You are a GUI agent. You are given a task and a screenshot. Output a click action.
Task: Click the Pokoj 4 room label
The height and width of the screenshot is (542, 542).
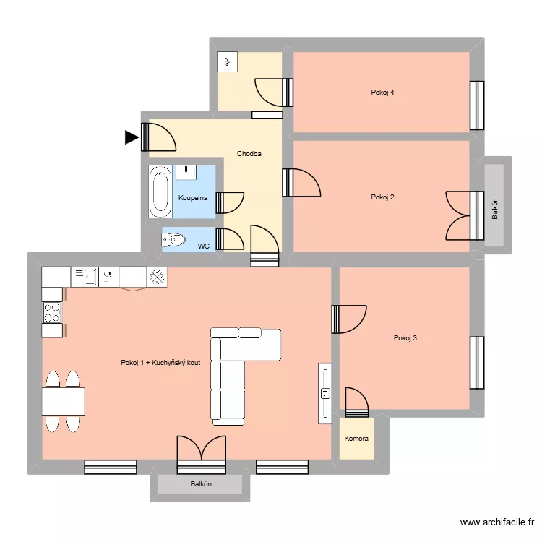pos(382,93)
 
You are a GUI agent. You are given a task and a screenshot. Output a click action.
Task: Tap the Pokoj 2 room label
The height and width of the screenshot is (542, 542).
pos(382,197)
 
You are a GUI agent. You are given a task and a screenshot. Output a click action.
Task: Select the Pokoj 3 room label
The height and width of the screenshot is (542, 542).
pos(405,337)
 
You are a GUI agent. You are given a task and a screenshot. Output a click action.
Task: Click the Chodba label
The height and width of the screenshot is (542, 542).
pos(249,154)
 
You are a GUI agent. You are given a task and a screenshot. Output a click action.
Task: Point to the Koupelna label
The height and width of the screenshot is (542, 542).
pos(193,198)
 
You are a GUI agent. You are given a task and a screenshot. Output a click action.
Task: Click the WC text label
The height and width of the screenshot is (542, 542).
pos(204,246)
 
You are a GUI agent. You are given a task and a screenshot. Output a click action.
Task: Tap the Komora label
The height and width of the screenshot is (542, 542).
pos(357,439)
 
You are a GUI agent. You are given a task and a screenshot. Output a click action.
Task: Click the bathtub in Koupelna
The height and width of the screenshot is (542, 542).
pos(160,192)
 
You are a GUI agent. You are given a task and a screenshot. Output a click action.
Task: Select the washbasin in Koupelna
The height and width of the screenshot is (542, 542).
pos(186,172)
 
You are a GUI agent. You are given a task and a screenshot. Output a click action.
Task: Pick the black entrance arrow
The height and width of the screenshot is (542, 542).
pos(132,137)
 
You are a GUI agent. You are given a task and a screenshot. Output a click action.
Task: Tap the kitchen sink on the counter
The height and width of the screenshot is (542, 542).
pos(85,276)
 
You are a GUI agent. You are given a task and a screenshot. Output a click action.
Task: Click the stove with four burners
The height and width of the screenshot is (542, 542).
pos(52,312)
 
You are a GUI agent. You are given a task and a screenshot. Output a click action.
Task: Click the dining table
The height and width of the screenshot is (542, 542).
pos(63,401)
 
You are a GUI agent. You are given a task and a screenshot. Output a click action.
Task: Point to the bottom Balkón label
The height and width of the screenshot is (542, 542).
pos(201,484)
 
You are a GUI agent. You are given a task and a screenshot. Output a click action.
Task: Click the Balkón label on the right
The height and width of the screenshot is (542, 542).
pos(495,208)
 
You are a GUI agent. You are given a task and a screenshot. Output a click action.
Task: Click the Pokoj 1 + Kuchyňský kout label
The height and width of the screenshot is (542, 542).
pos(160,363)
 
